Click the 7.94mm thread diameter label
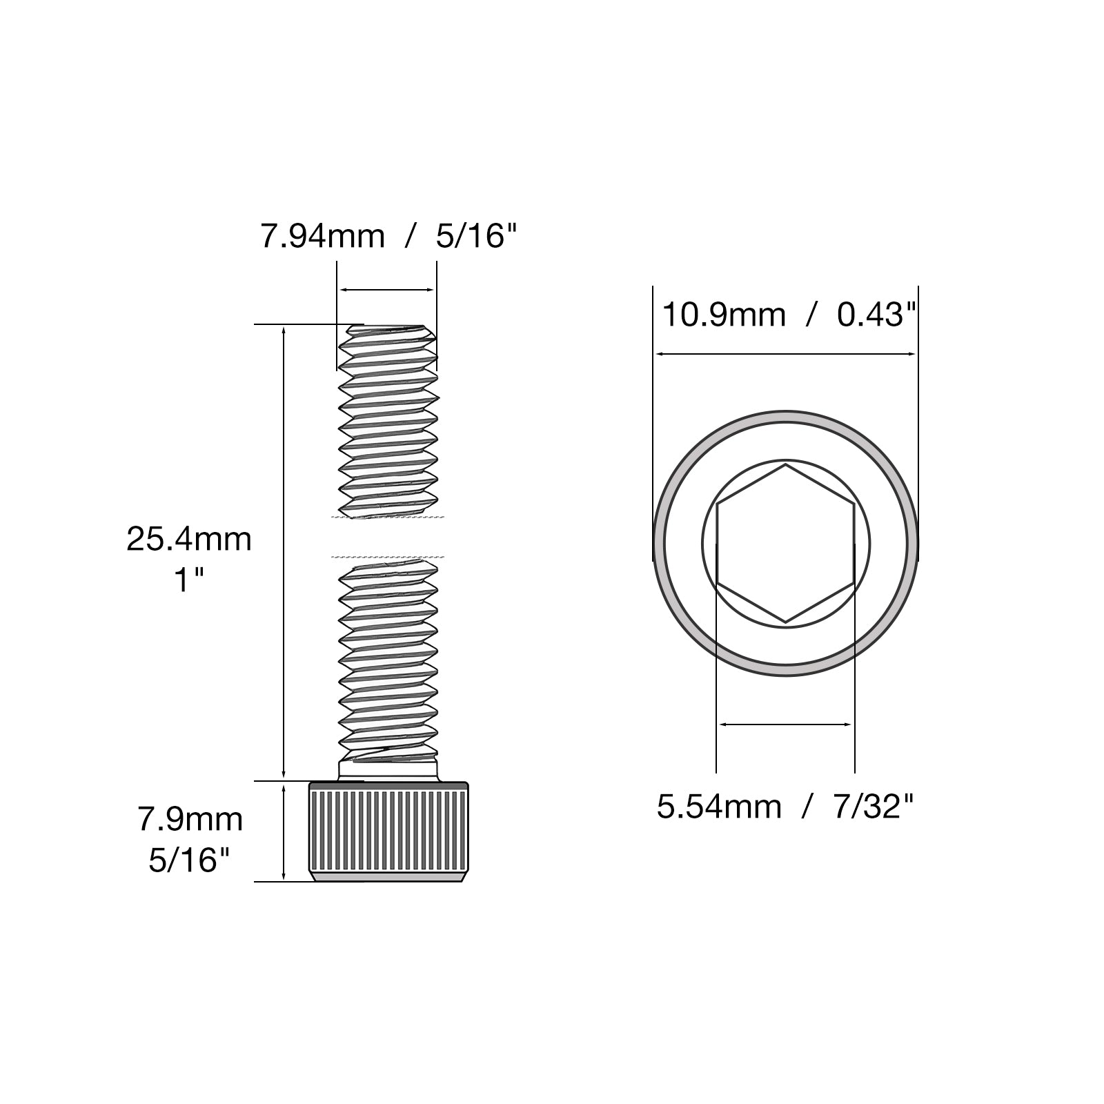click(x=322, y=237)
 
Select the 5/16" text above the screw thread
click(x=476, y=237)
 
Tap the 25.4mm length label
click(x=189, y=539)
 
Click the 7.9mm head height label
click(x=190, y=820)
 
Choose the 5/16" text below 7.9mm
click(x=189, y=860)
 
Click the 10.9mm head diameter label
click(x=724, y=315)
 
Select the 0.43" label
click(x=876, y=315)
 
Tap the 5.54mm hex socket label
click(x=719, y=807)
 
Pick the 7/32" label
click(x=874, y=807)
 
